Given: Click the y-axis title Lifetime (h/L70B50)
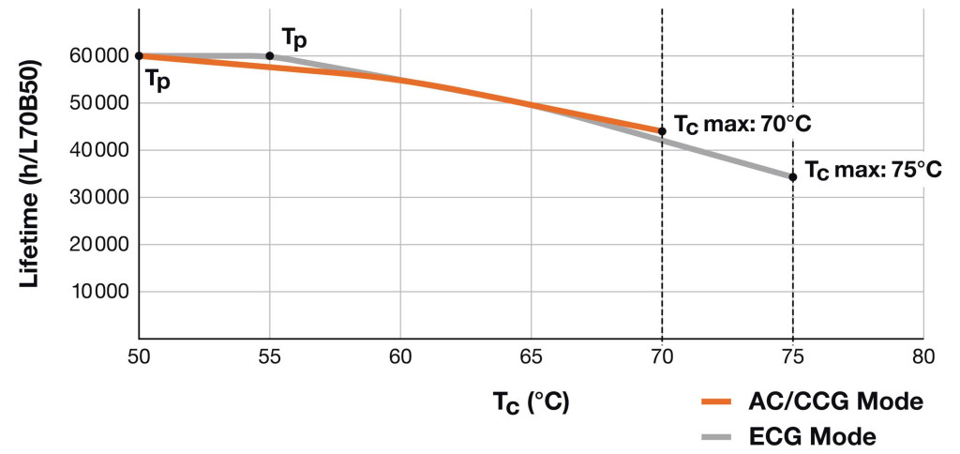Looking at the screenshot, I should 30,174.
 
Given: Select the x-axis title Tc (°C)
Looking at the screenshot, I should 531,401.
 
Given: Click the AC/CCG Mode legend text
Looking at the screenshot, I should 837,401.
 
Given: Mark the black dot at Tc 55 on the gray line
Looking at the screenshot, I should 270,55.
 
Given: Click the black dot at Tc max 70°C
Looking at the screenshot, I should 662,131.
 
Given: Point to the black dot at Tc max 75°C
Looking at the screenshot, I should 793,176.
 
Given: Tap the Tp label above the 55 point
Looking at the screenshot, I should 294,38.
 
